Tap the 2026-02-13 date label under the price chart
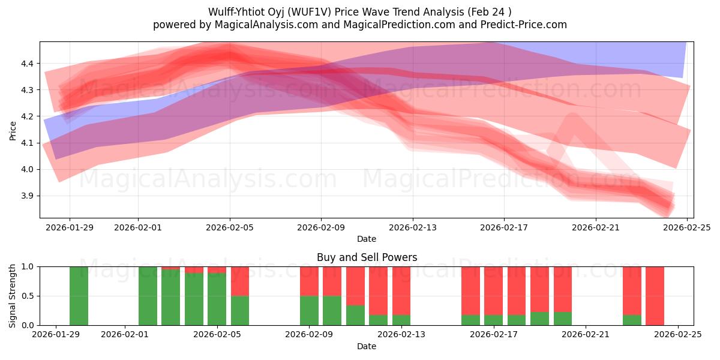[412, 227]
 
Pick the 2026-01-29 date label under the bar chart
[56, 335]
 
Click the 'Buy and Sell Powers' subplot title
[367, 258]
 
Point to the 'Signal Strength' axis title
[13, 296]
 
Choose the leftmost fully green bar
[79, 296]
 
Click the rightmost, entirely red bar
[655, 296]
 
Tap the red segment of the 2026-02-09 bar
[309, 281]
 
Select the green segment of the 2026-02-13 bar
[401, 320]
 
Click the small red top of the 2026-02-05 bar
[217, 269]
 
